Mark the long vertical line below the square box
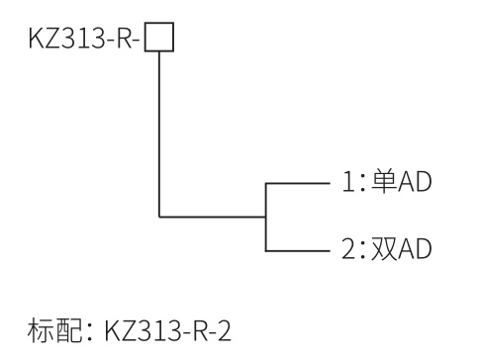pyautogui.click(x=158, y=129)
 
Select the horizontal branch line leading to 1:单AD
pyautogui.click(x=297, y=184)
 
